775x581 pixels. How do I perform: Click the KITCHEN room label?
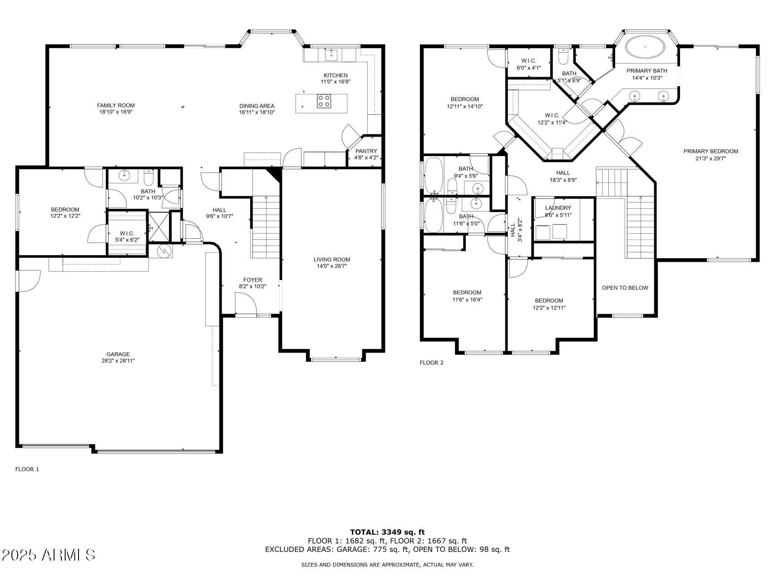tap(336, 75)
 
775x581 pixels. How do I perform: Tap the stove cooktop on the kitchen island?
tap(324, 101)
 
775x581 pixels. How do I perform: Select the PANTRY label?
tap(366, 151)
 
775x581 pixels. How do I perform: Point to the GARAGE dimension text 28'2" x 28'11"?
tap(118, 361)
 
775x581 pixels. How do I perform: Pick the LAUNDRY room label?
tap(558, 208)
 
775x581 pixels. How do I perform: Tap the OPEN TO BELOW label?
tap(625, 288)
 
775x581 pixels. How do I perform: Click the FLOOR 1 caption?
tap(27, 469)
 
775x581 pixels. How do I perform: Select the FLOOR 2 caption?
tap(431, 363)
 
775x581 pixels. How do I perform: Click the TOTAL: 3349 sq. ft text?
tap(387, 532)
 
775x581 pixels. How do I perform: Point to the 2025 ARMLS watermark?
tap(49, 555)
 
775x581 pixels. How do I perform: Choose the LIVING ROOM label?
tap(332, 260)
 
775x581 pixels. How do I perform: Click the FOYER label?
tap(252, 280)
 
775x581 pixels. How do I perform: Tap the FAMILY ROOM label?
tap(116, 105)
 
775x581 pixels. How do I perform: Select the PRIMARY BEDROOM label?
tap(711, 151)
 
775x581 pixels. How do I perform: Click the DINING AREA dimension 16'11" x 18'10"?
tap(257, 112)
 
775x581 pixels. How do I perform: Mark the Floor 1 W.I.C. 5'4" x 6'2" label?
tap(127, 236)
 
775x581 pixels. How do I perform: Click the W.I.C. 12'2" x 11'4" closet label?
tap(552, 118)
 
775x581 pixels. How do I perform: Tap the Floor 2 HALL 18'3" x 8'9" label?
tap(563, 176)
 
